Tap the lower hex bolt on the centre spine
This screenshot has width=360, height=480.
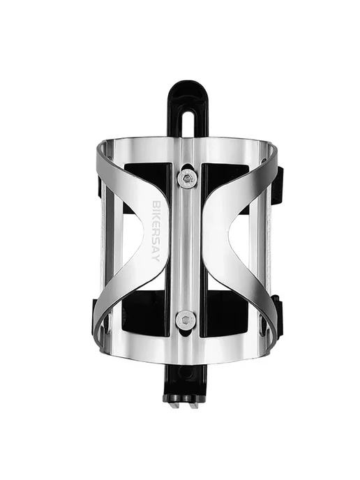186,320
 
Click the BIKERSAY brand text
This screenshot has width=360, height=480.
156,231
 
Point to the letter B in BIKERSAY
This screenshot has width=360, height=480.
156,204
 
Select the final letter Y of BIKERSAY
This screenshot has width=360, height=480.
156,259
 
